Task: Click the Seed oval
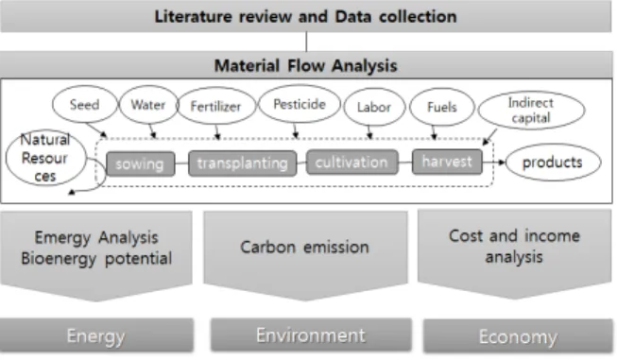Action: (85, 105)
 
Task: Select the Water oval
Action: (148, 105)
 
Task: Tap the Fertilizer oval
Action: (216, 106)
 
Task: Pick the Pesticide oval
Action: (300, 104)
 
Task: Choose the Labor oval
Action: (374, 107)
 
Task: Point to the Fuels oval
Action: (442, 107)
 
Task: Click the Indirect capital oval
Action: (531, 111)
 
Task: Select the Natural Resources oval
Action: (45, 158)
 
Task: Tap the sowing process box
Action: (141, 163)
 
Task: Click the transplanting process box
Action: (243, 163)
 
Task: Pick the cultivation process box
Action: (351, 163)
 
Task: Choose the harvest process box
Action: (447, 162)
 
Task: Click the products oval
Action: (553, 163)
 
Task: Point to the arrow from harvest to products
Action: (494, 163)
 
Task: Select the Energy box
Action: (96, 335)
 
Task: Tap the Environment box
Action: (311, 335)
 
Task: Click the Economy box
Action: (518, 336)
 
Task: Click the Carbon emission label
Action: (304, 247)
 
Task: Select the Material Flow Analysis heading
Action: (306, 65)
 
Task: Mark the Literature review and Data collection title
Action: (306, 16)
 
